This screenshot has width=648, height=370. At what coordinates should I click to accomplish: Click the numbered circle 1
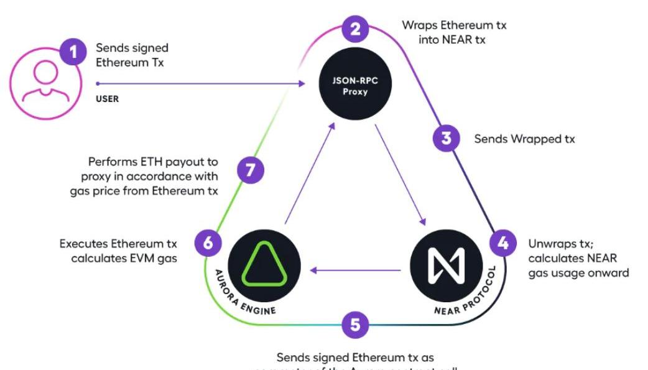73,52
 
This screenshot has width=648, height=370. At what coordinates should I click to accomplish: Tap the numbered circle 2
355,29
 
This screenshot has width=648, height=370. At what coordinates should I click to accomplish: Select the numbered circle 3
446,138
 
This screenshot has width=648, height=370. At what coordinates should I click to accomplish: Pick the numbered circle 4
502,243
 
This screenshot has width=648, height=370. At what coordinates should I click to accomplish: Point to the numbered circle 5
355,323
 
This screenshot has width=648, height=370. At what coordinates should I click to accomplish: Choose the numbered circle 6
208,243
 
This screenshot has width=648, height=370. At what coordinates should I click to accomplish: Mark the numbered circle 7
251,170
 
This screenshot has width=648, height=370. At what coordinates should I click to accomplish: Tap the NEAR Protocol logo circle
446,264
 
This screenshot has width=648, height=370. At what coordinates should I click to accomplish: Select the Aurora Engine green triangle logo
263,264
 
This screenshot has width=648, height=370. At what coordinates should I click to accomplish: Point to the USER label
107,98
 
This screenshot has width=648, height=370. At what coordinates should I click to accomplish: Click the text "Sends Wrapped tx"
524,139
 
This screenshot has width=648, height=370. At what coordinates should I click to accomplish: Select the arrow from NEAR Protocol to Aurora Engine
356,270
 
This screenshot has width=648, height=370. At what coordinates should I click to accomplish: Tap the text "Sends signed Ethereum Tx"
132,55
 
